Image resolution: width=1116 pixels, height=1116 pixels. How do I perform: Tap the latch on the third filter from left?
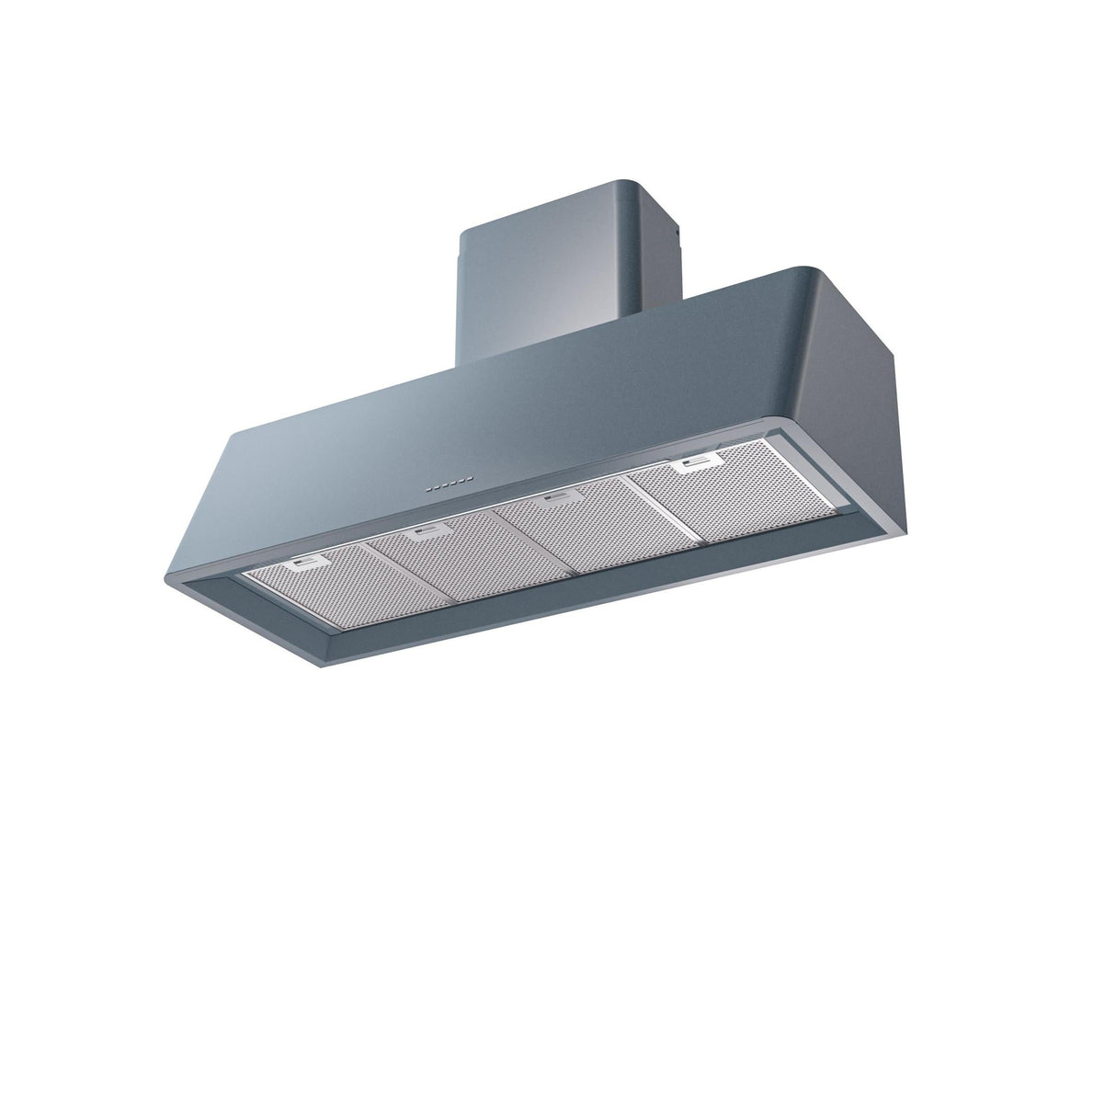553,500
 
